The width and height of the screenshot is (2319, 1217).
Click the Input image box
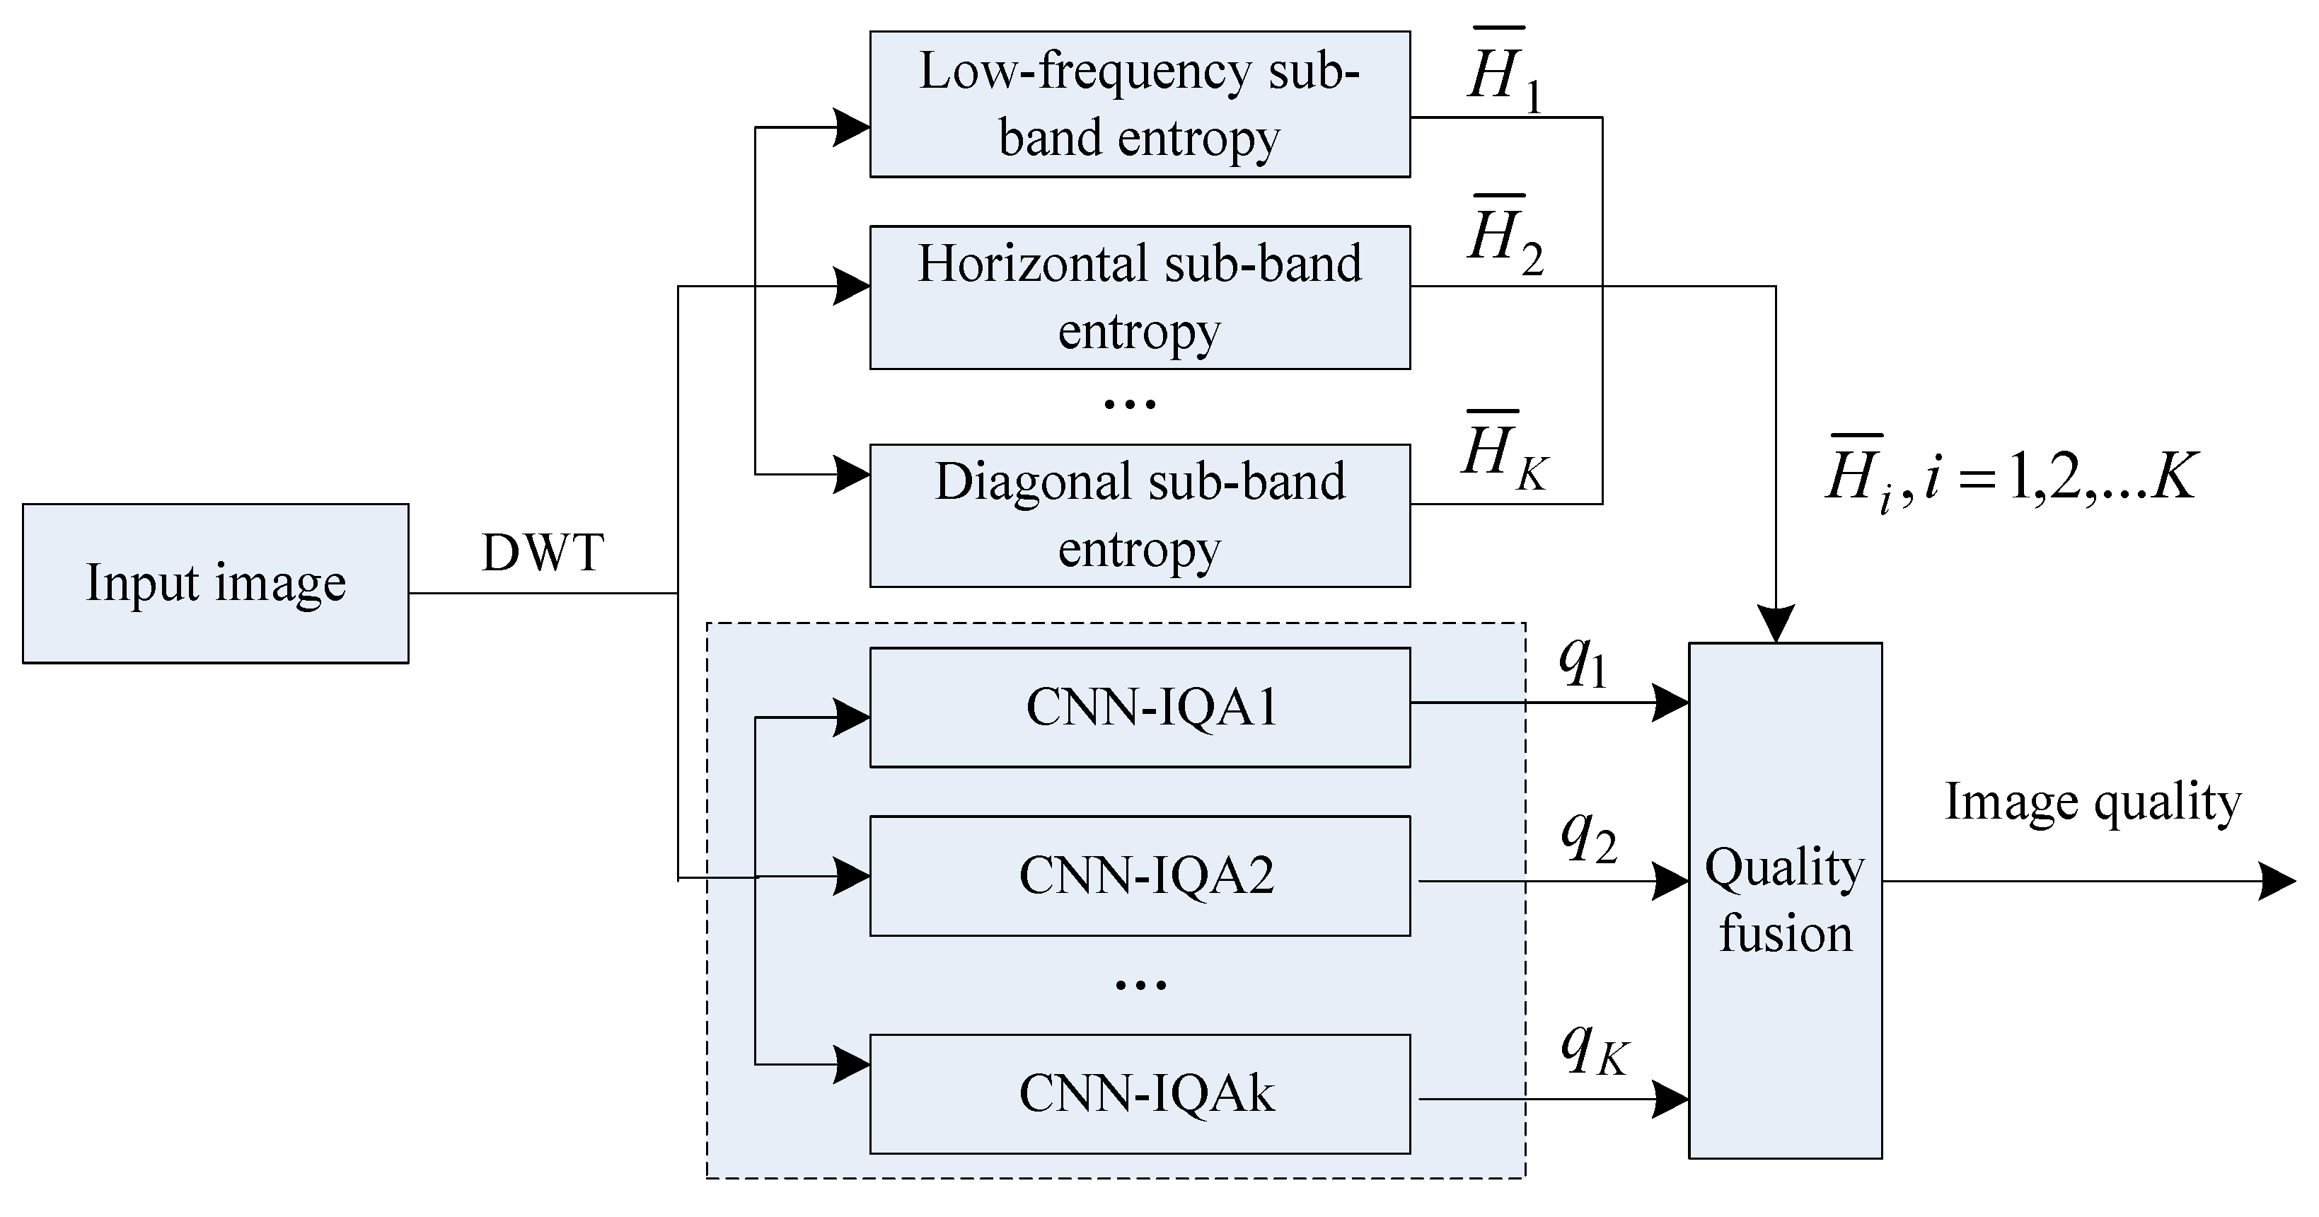coord(215,583)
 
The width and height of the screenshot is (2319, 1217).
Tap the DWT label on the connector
coord(542,553)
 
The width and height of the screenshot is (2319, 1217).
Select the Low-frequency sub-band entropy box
coord(1139,105)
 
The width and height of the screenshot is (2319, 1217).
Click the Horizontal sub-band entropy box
coord(1139,297)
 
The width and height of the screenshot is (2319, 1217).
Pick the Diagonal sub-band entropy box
coord(1139,515)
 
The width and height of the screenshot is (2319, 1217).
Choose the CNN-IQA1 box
coord(1139,707)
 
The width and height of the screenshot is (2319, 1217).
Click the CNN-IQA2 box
coord(1139,875)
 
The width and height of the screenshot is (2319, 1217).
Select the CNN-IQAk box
coord(1139,1094)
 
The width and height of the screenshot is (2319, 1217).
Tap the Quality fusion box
coord(1784,900)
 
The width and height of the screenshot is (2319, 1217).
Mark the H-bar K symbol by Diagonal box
coord(1503,452)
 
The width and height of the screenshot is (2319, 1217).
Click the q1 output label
coord(1583,662)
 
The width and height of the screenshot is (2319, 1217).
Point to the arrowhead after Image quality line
coord(2277,880)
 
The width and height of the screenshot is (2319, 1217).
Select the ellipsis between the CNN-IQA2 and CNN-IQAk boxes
coord(1140,985)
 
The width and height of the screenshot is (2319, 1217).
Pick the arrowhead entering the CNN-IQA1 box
coord(851,717)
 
